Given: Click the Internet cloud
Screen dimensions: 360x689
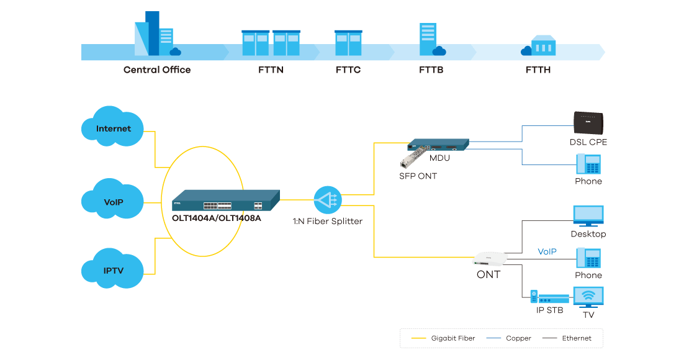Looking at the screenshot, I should point(114,128).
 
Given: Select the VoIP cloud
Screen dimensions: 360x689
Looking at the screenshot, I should point(114,201).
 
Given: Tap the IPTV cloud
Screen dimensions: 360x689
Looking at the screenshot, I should point(114,270).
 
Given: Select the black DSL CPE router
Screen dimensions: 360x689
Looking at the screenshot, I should point(587,123).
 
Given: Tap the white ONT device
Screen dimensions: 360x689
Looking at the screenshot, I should point(490,259).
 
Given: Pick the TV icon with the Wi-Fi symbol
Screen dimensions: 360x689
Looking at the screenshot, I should point(588,297).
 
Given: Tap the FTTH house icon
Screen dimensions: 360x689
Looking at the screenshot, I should point(539,45).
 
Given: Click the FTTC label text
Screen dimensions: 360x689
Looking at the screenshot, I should point(348,70).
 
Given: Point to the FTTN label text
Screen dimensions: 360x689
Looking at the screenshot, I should point(271,70).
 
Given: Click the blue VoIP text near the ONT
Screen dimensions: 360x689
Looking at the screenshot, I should point(547,251).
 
